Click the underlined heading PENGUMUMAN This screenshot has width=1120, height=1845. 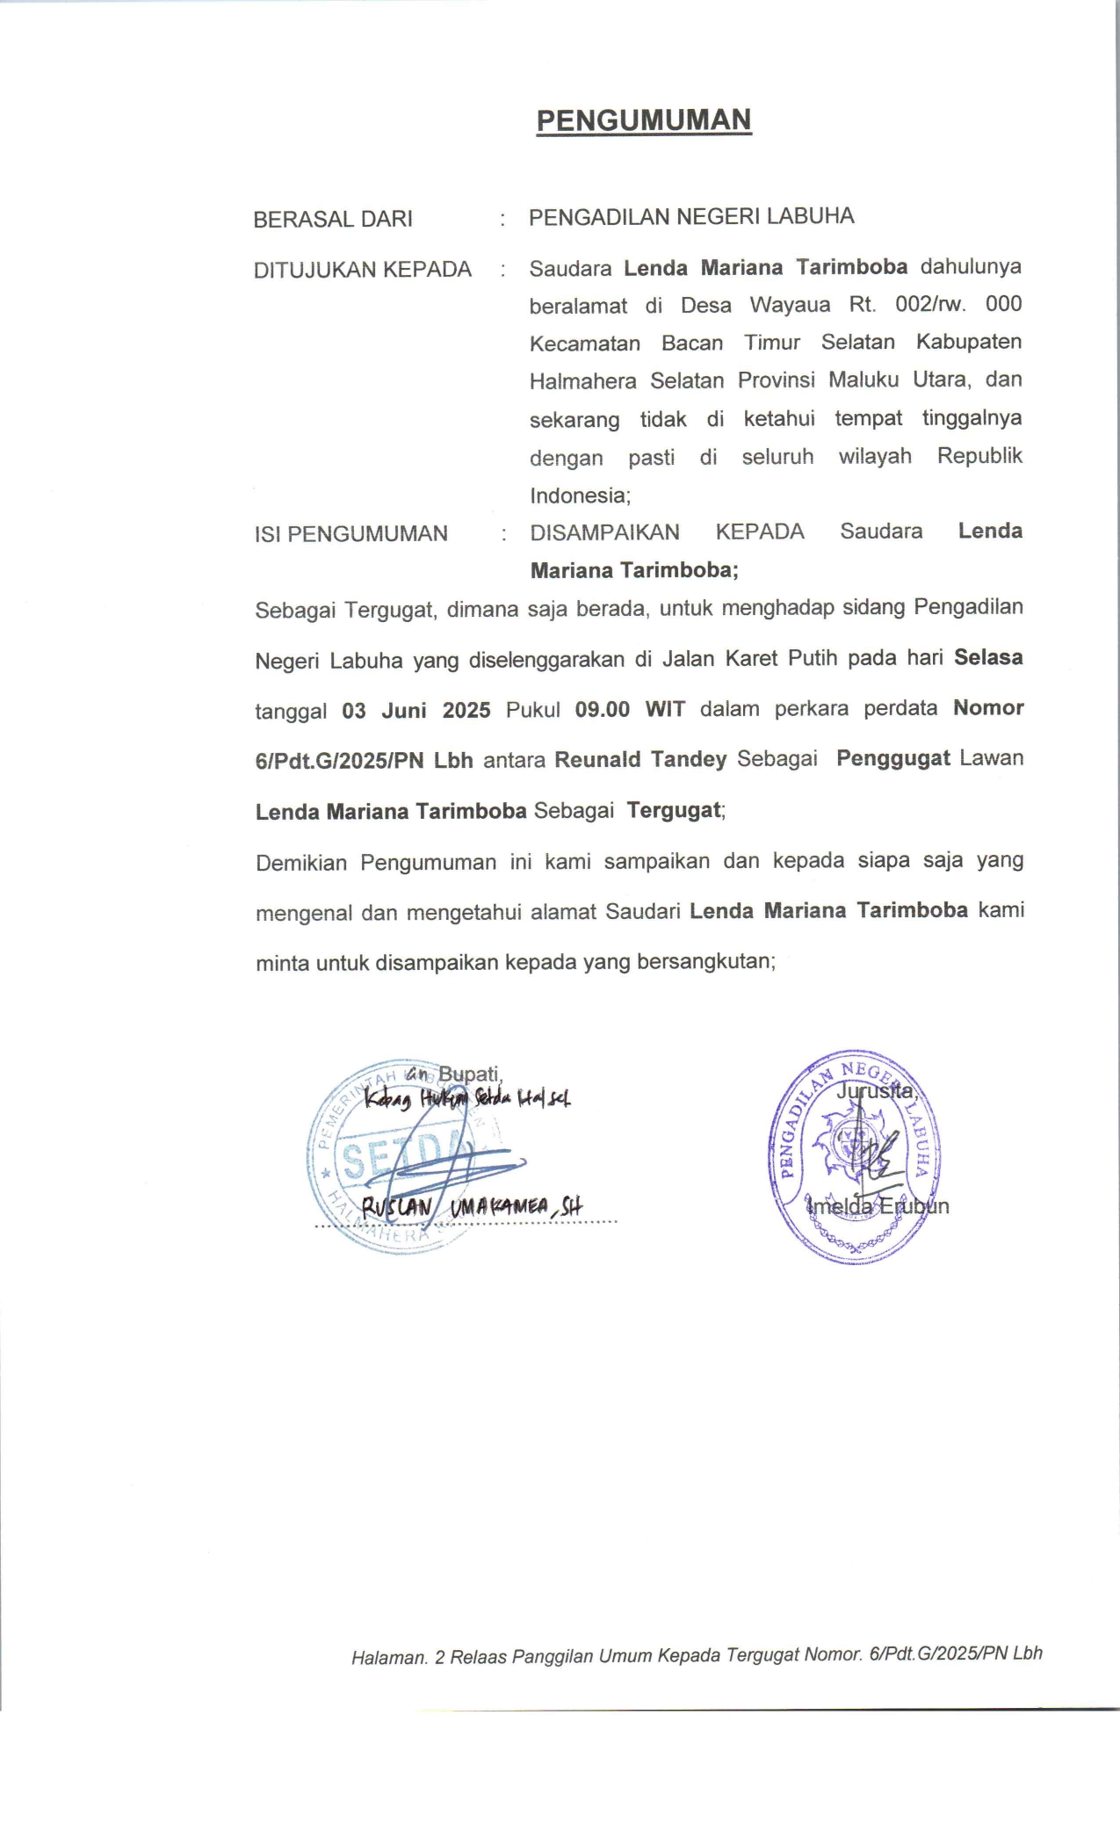(x=644, y=120)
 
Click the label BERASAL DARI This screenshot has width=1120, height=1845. (x=333, y=219)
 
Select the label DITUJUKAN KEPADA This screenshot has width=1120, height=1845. (x=362, y=270)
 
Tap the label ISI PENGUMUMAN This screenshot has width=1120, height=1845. (x=350, y=533)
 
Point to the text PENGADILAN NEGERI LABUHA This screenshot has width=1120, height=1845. (x=690, y=217)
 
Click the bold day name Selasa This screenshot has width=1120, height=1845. (x=988, y=657)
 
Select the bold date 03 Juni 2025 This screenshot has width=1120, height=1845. (x=416, y=710)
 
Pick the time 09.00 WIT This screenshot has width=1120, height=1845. (x=630, y=709)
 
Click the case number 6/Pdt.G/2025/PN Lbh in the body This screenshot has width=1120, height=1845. (x=364, y=760)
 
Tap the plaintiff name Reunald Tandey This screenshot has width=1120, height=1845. (x=640, y=759)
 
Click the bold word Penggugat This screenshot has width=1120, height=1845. (x=892, y=758)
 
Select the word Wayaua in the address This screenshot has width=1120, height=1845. (x=790, y=305)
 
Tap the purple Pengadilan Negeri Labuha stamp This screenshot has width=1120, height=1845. (x=854, y=1155)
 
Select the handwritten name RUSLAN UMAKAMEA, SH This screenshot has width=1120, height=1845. (x=472, y=1207)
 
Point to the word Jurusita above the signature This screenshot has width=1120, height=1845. (x=876, y=1091)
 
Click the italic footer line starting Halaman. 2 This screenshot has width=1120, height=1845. (x=696, y=1655)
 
